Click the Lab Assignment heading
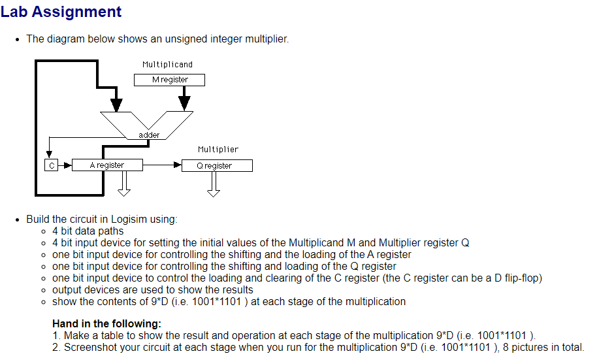point(61,12)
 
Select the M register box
point(169,80)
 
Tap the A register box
point(106,165)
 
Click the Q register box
point(216,166)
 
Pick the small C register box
point(51,165)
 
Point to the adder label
point(149,135)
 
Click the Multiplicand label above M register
point(167,65)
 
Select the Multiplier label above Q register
point(218,150)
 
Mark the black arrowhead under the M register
point(184,103)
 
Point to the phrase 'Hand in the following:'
point(106,323)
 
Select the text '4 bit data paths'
point(88,231)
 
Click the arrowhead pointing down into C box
point(50,154)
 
